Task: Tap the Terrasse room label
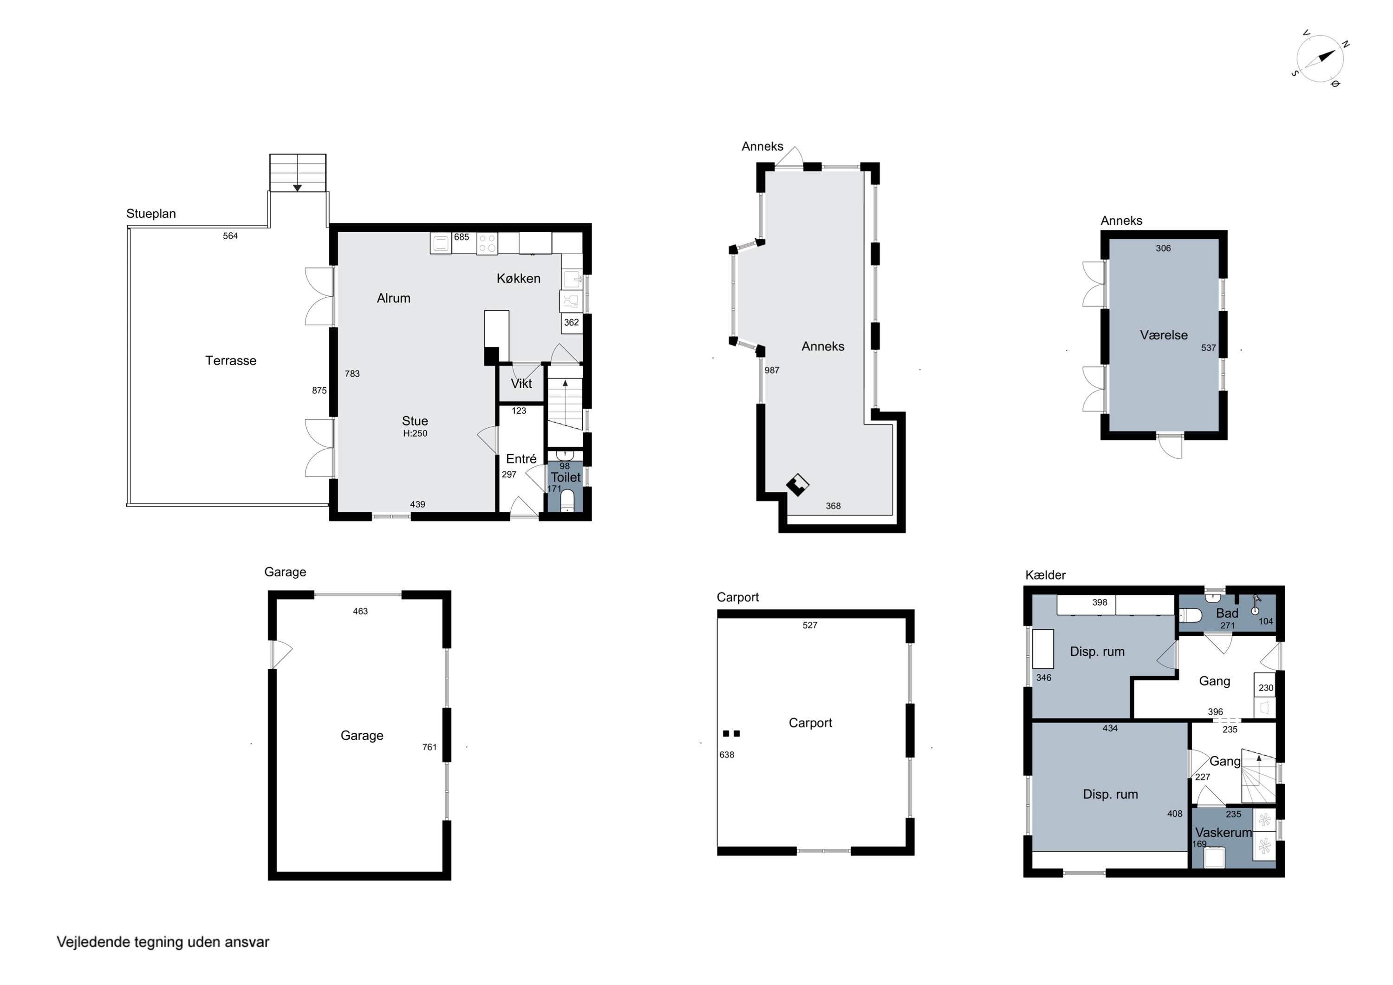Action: tap(231, 360)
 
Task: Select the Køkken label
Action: tap(518, 279)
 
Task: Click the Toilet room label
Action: tap(566, 477)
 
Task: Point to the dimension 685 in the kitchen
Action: tap(462, 237)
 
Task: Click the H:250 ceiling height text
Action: tap(415, 433)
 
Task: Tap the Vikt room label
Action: tap(521, 384)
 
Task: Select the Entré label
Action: tap(521, 459)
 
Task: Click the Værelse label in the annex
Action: tap(1164, 335)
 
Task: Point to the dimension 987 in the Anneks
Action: tap(772, 370)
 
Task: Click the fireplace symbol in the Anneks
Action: tap(797, 484)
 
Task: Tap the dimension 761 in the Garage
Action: tap(430, 747)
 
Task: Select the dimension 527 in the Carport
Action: tap(810, 625)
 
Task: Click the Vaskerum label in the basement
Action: tap(1223, 833)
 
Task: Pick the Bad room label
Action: tap(1227, 613)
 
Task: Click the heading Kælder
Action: tap(1045, 575)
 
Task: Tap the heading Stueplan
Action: tap(151, 214)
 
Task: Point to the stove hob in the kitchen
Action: tap(487, 243)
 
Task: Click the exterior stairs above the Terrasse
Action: tap(298, 173)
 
